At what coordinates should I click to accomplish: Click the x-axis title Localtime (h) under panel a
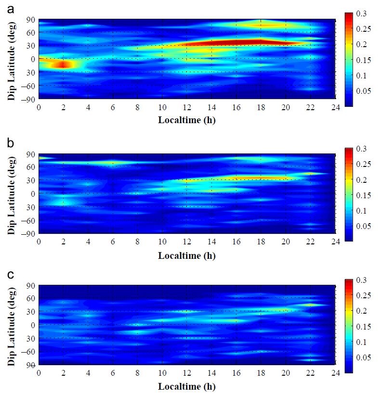(187, 120)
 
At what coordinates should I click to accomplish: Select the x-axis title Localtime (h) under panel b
(187, 255)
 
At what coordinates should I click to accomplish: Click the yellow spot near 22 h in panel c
(311, 305)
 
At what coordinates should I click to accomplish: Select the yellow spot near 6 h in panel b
(113, 163)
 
